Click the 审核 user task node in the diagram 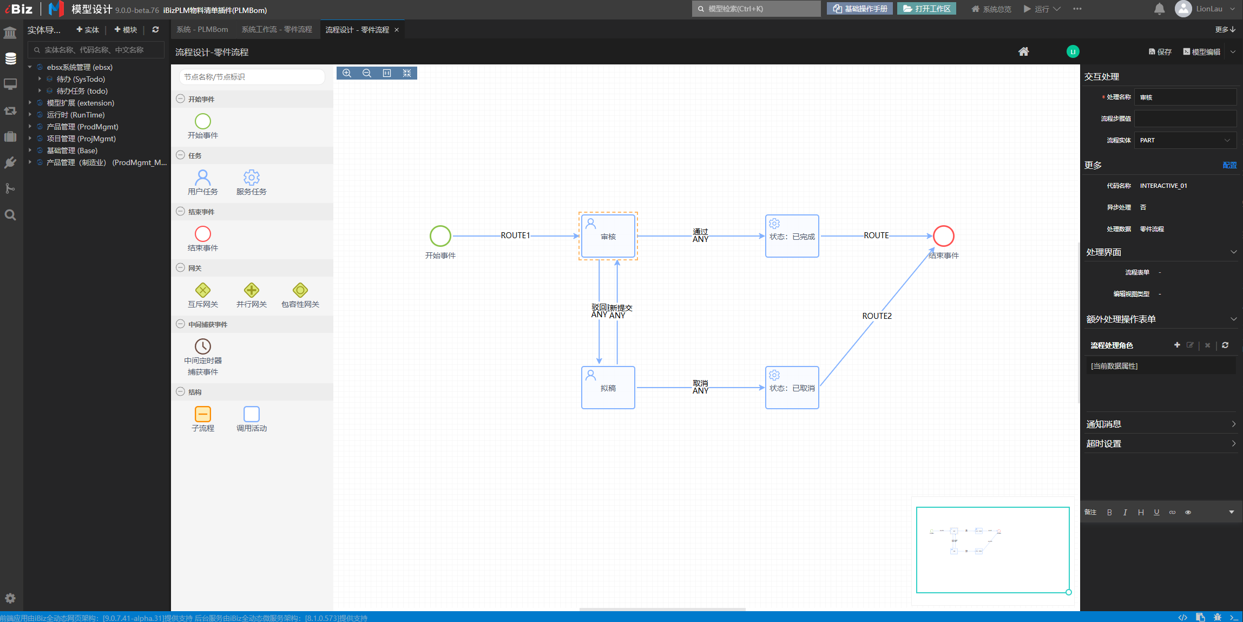coord(608,236)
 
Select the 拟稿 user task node coord(608,388)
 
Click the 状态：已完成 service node coord(792,236)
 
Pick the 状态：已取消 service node coord(792,388)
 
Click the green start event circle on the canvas coord(440,236)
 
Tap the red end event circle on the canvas coord(943,236)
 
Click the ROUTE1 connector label coord(515,235)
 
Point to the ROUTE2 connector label coord(877,316)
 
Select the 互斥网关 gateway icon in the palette coord(203,290)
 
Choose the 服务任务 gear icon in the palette coord(252,178)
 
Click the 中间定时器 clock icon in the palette coord(203,346)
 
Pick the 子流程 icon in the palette coord(203,414)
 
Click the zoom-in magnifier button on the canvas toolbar coord(347,73)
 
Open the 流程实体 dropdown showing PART coord(1185,140)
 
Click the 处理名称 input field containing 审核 coord(1185,97)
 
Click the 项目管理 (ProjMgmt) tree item coord(81,139)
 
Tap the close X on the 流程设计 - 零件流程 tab coord(397,30)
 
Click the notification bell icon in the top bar coord(1159,9)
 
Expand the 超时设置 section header coord(1160,443)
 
